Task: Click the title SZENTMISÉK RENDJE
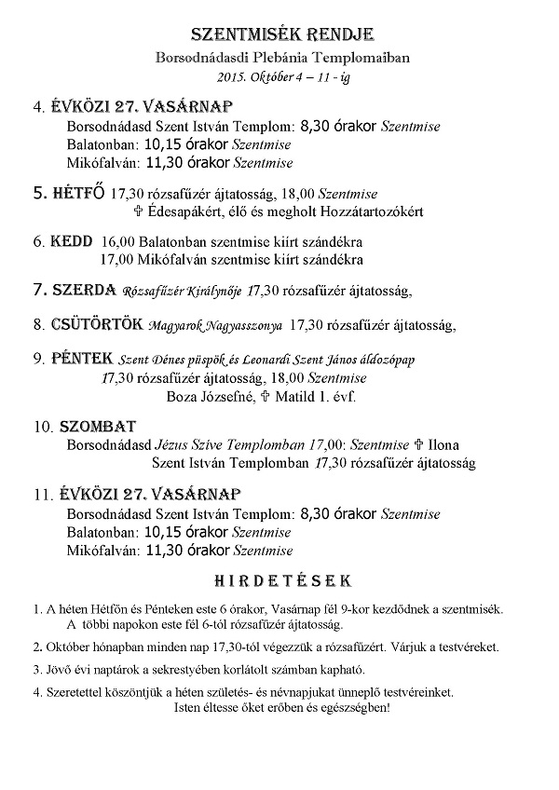[x=281, y=35]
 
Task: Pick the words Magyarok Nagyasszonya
[x=215, y=326]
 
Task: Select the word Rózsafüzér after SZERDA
[x=151, y=291]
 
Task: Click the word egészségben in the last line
[x=354, y=707]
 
